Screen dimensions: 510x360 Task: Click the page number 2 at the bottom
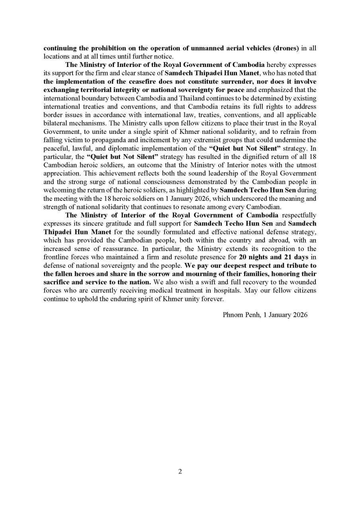pos(180,472)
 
